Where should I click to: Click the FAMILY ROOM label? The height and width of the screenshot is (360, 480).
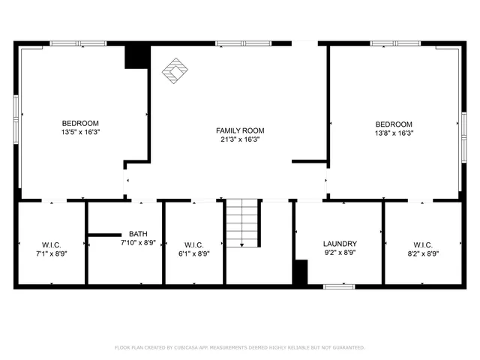click(240, 130)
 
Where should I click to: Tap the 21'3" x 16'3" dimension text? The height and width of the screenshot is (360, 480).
click(240, 139)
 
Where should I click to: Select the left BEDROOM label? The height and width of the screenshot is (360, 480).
click(80, 123)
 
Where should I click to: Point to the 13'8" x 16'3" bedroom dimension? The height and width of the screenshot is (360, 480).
click(394, 133)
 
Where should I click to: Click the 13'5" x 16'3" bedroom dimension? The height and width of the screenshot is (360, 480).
click(80, 131)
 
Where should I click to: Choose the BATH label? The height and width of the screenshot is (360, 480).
click(138, 234)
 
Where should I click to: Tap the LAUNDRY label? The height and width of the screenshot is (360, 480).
click(340, 244)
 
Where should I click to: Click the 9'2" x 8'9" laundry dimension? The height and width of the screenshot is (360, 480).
click(340, 253)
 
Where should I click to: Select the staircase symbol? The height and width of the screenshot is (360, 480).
click(242, 222)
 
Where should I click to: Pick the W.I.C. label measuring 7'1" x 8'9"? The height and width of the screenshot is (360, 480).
click(51, 244)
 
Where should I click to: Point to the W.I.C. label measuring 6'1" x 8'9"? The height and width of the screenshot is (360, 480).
click(193, 244)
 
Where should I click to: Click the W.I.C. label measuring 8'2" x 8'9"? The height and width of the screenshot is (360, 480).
click(423, 244)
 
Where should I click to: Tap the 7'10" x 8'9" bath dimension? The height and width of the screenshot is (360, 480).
click(138, 242)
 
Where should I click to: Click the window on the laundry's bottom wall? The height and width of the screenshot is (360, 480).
click(339, 286)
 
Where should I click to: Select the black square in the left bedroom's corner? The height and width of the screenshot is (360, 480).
click(136, 57)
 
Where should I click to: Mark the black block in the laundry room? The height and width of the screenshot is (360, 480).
click(300, 271)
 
